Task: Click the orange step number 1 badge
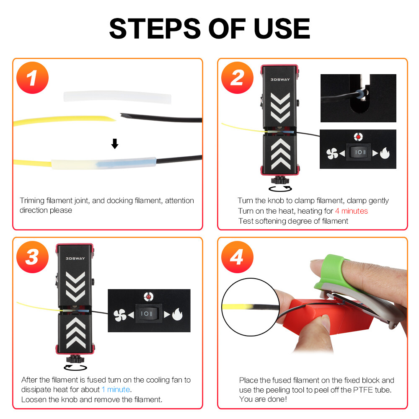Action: pos(33,78)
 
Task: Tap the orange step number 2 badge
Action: pos(237,78)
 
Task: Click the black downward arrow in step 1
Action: pos(114,144)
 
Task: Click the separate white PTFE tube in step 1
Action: pos(117,97)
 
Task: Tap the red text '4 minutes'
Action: pos(351,211)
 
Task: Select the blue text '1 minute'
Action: pos(116,390)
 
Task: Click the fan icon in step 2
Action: pos(332,153)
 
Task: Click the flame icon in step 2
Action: pos(384,153)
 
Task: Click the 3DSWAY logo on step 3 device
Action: pos(75,258)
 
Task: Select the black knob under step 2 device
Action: pos(279,180)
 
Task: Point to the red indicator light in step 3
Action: pos(148,297)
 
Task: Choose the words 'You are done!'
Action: pos(263,399)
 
